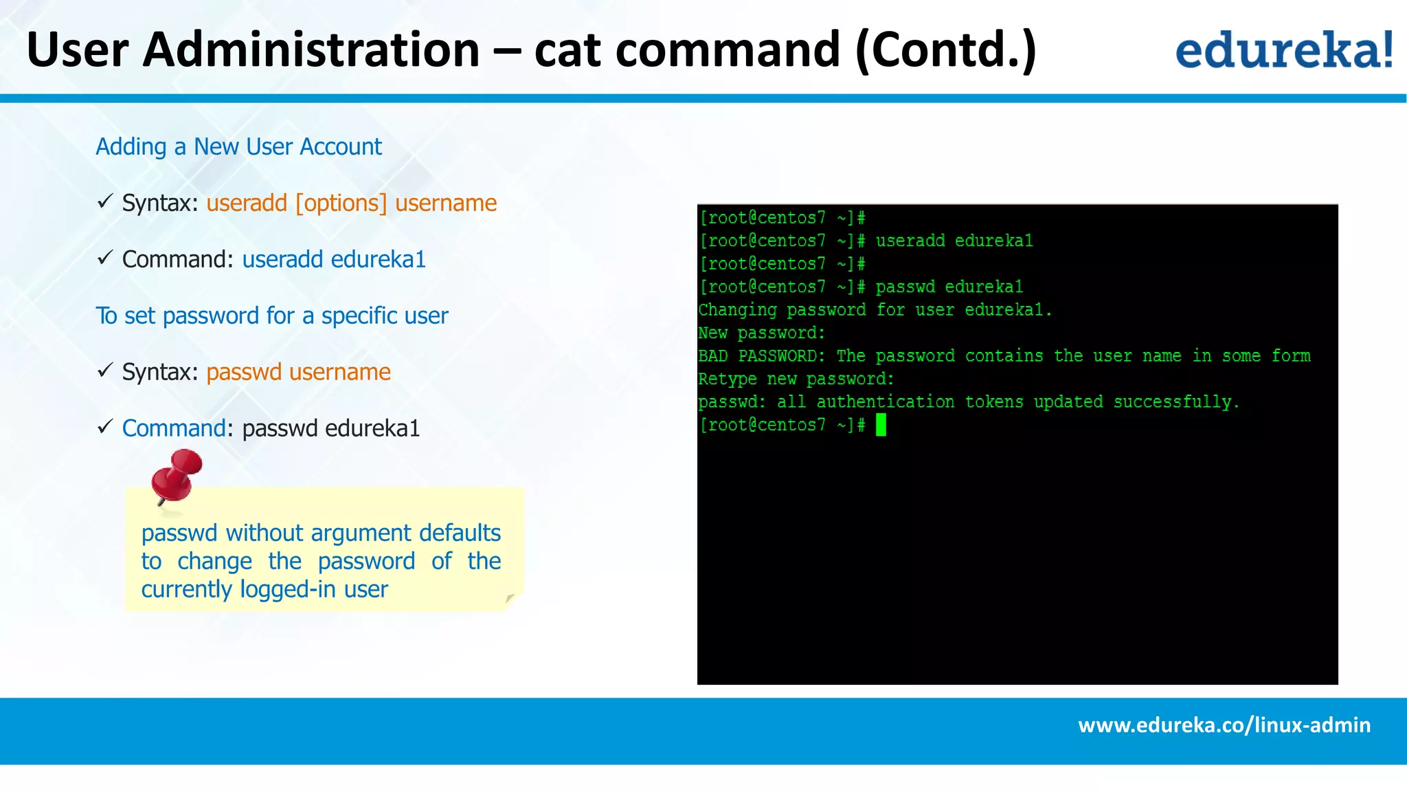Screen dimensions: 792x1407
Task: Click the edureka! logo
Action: click(1283, 49)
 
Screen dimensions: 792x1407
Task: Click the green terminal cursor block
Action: click(881, 426)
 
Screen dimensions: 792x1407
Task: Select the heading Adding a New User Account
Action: click(238, 146)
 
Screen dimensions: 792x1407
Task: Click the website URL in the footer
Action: click(1224, 725)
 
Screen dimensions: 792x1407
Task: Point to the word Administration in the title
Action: click(311, 49)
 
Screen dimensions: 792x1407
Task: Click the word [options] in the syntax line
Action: click(341, 203)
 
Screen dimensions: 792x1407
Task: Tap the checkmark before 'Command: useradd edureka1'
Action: click(105, 258)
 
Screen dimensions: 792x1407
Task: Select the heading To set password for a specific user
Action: click(271, 316)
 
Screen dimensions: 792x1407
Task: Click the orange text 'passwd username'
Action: click(298, 372)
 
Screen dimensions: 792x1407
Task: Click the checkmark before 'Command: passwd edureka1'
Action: click(105, 427)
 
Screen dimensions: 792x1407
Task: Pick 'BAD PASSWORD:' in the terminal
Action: click(761, 356)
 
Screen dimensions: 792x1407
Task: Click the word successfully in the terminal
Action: click(1176, 402)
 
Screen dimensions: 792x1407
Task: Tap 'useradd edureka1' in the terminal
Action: click(954, 241)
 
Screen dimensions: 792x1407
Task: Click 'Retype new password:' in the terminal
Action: click(796, 379)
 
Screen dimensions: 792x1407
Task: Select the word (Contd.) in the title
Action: click(945, 49)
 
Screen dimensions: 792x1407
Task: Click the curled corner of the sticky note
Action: click(510, 599)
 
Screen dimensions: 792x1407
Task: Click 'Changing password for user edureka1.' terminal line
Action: click(875, 310)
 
